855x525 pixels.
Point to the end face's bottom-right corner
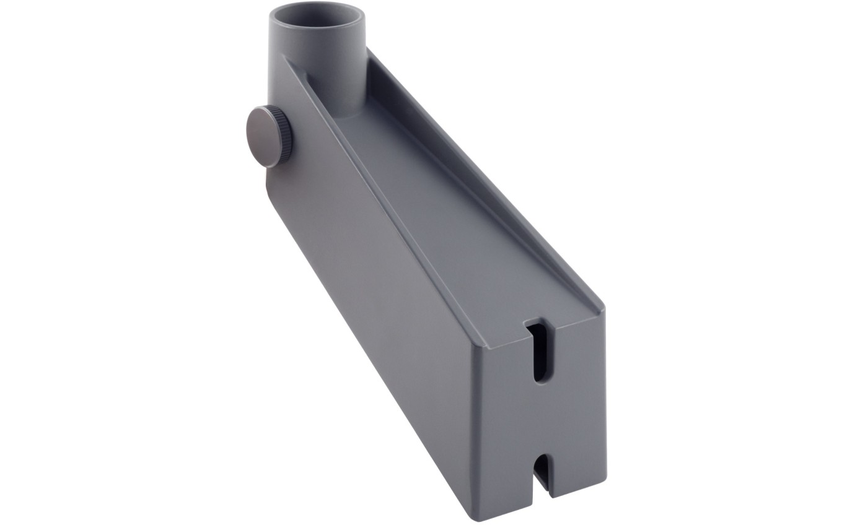(606, 482)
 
